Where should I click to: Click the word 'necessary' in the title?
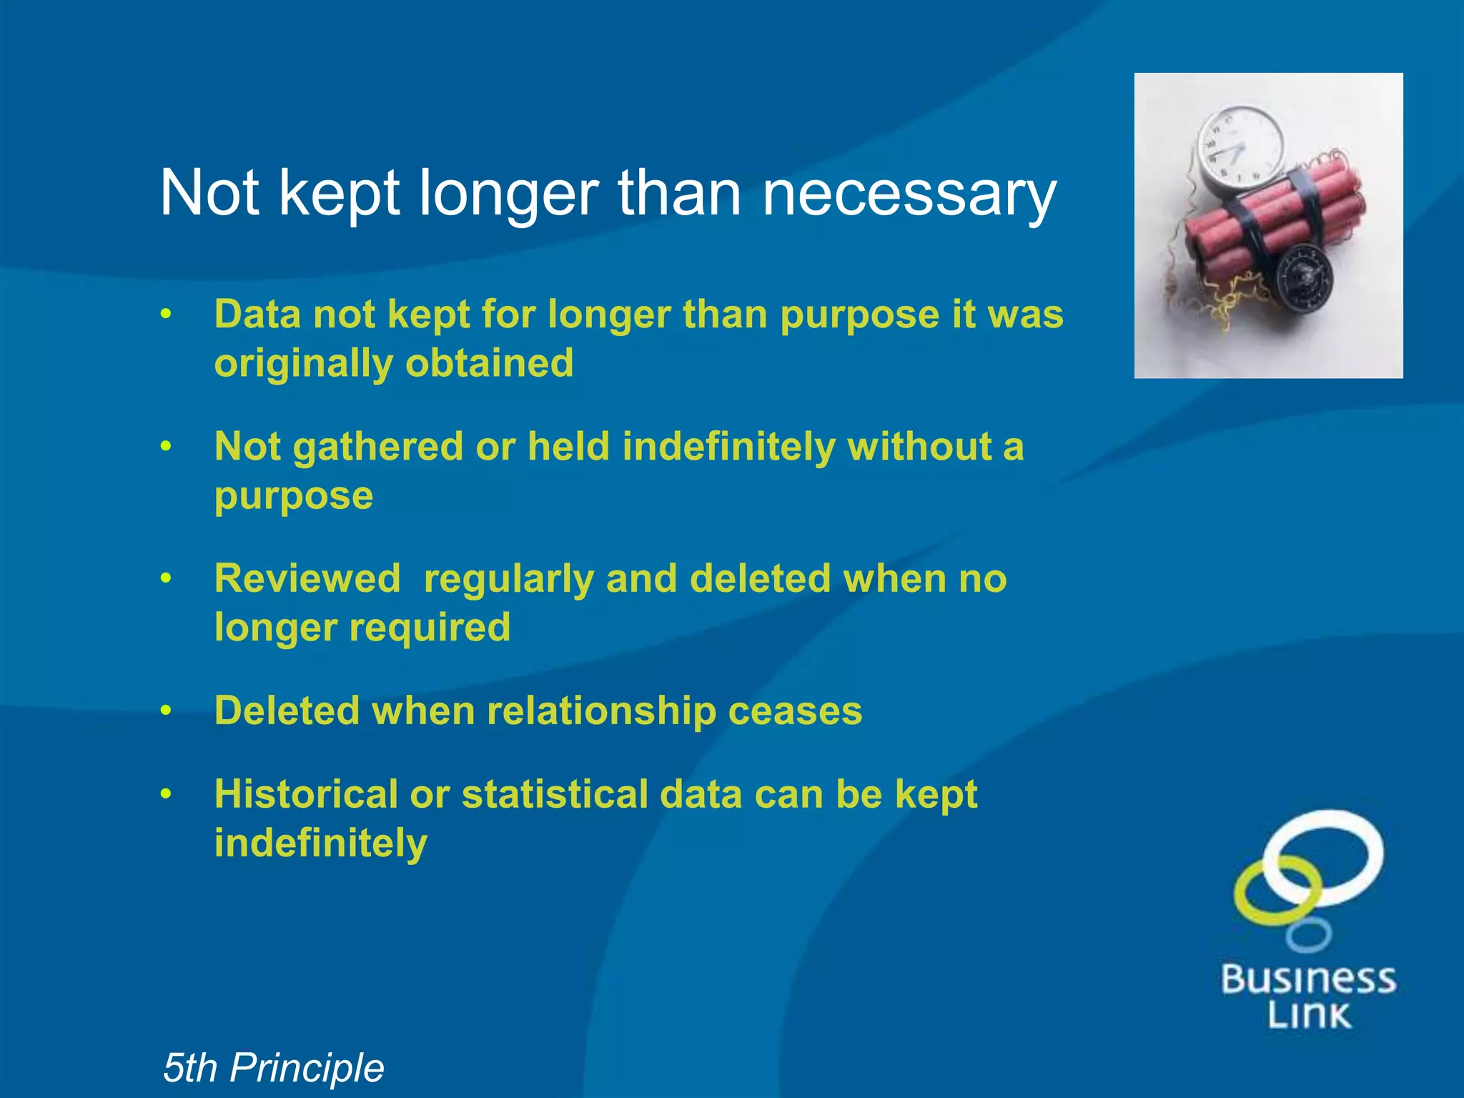click(909, 194)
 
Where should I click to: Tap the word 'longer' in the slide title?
click(508, 194)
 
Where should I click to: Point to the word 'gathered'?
click(378, 447)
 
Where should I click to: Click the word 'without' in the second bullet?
click(919, 447)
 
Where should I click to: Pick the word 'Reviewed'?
click(307, 578)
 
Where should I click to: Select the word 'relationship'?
click(601, 711)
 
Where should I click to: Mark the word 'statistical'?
click(554, 794)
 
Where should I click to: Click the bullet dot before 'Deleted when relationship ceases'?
click(166, 711)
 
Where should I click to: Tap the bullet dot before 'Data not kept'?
click(166, 315)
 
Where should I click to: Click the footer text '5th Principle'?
click(273, 1067)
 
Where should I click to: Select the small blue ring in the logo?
click(1308, 935)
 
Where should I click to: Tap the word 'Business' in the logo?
click(1308, 979)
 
